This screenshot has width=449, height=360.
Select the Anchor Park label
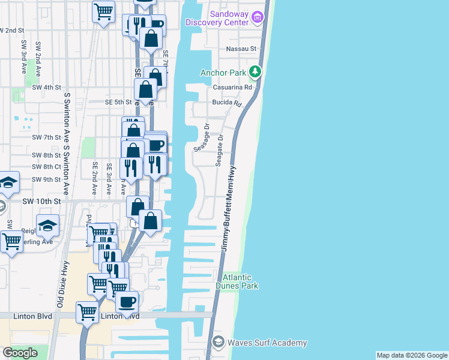click(223, 73)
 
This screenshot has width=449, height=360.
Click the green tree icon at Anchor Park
click(256, 73)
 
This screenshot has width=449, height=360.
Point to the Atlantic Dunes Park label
click(240, 281)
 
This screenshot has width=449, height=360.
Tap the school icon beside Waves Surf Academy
click(219, 343)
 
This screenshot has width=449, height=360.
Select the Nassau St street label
click(241, 49)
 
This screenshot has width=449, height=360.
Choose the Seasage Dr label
click(201, 138)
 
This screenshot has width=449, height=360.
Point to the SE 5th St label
click(118, 102)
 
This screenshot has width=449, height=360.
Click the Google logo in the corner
click(20, 353)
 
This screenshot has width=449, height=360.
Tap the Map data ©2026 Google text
click(412, 355)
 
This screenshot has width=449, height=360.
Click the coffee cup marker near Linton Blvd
click(127, 302)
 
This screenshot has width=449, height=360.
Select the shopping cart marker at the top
click(104, 11)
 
